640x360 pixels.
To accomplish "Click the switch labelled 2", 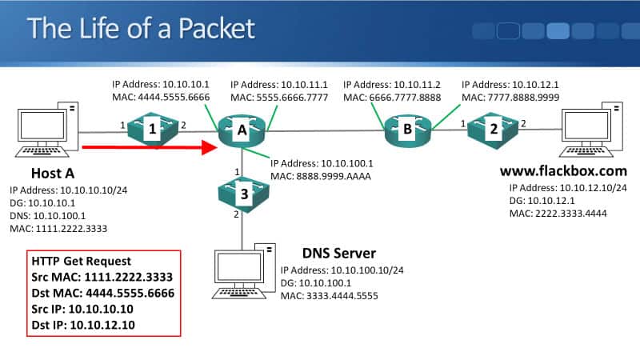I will (x=494, y=128).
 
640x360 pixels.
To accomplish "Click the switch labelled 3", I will (x=242, y=192).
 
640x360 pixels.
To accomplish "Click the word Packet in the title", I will (x=214, y=29).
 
